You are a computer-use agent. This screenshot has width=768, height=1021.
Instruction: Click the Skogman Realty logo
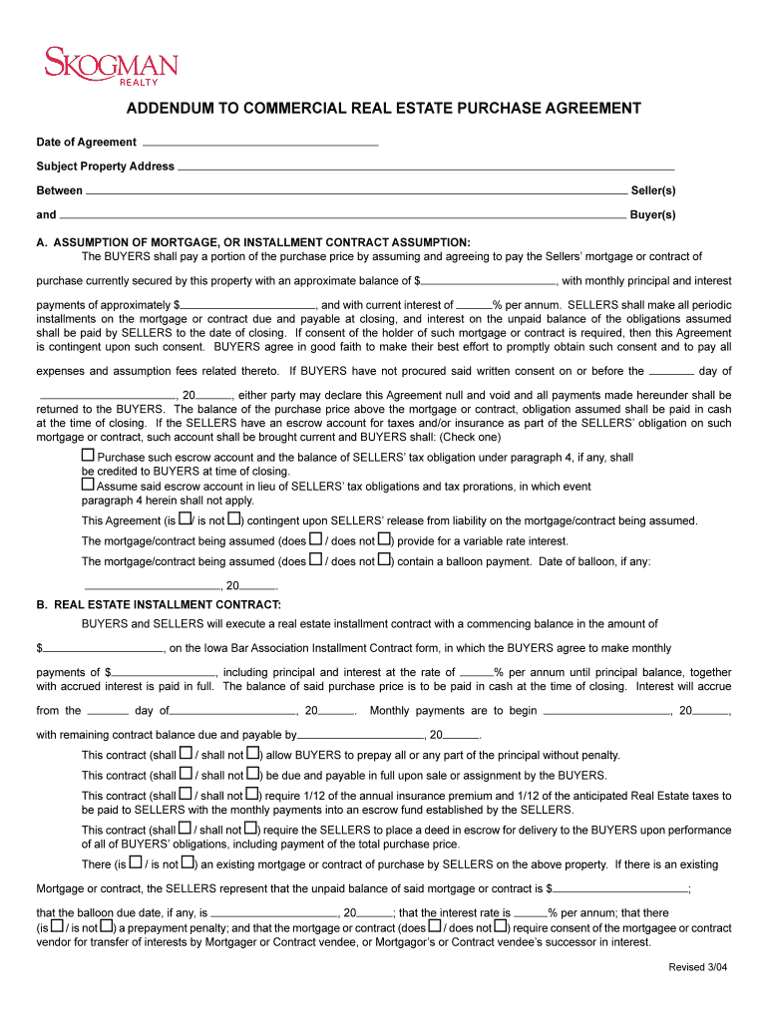pos(111,67)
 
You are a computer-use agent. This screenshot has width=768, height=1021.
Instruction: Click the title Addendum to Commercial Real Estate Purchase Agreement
pos(383,108)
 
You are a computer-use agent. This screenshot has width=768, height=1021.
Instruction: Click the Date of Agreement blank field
pos(260,143)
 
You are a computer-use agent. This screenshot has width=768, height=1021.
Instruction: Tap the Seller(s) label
pos(653,190)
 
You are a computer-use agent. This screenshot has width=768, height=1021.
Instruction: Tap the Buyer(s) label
pos(653,214)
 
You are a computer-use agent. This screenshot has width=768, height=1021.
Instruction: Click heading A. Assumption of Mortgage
pos(253,242)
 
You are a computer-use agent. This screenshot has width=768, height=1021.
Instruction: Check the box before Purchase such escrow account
pos(88,456)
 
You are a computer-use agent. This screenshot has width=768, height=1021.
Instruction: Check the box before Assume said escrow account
pos(88,485)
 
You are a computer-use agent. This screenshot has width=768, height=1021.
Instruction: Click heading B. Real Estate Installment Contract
pos(159,604)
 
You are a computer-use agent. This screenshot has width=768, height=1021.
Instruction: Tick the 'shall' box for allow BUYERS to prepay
pos(186,753)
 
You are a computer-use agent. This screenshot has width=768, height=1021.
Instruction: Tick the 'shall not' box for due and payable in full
pos(252,773)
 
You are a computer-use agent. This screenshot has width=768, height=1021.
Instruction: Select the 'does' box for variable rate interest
pos(315,539)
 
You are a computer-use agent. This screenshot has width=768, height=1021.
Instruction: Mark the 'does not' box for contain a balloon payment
pos(383,559)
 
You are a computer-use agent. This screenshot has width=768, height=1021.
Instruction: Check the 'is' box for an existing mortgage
pos(135,862)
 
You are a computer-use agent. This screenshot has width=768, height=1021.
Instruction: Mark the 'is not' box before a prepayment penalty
pos(107,925)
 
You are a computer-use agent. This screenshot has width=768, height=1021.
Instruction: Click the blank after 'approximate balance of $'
pos(489,281)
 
